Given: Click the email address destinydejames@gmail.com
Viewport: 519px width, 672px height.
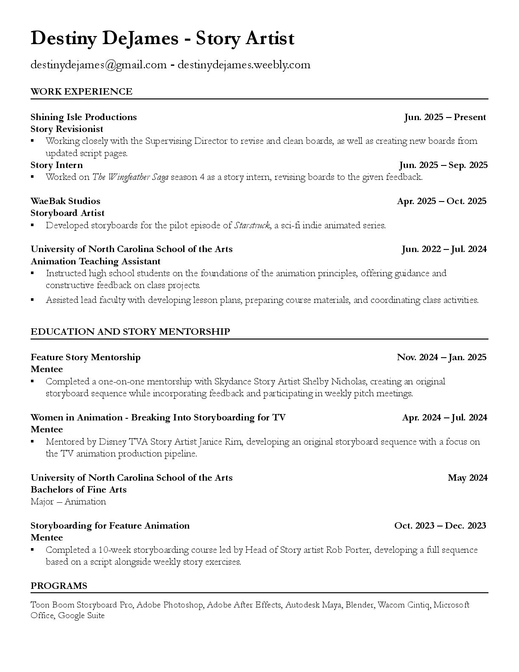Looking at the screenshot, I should (98, 65).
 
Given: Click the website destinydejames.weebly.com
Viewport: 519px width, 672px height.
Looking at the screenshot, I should (244, 65).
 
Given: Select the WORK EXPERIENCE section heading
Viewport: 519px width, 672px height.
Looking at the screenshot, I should (81, 92).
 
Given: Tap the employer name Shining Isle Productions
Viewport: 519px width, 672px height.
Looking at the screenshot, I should (84, 117).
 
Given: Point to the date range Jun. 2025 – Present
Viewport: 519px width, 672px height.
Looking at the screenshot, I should (445, 117).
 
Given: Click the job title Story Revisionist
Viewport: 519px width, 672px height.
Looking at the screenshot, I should (67, 129).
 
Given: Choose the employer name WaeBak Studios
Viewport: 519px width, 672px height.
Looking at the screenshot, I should (65, 201).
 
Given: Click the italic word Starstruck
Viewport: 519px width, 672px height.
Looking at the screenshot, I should (252, 225).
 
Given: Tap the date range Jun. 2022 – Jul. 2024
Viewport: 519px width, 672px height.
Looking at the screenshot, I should (444, 249).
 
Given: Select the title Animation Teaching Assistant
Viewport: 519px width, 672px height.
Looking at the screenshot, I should (95, 261).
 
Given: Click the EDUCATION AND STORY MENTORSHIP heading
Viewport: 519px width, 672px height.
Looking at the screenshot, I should (130, 332).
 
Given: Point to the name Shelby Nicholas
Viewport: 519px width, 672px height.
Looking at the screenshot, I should (334, 381).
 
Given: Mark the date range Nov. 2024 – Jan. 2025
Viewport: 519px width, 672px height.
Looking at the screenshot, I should (441, 357).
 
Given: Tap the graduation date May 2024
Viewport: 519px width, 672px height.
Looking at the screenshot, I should (467, 478).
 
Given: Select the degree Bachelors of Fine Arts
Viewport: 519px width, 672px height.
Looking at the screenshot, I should (78, 490).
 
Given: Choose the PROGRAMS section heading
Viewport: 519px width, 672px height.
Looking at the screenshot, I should (59, 586).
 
